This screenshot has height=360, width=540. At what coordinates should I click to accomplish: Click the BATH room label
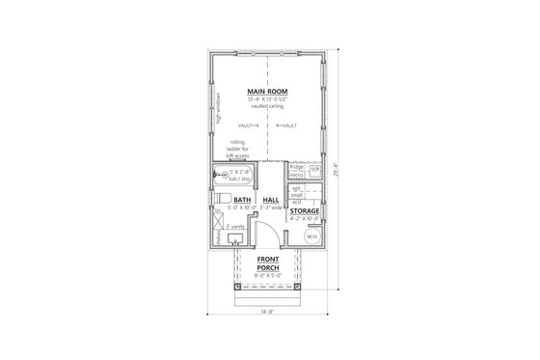(241, 200)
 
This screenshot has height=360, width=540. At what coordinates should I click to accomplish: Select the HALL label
(271, 200)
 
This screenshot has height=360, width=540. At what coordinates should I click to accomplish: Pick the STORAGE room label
(305, 209)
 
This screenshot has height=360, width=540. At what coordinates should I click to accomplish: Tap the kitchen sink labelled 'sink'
(312, 168)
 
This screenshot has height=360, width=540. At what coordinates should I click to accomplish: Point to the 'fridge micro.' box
(296, 170)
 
